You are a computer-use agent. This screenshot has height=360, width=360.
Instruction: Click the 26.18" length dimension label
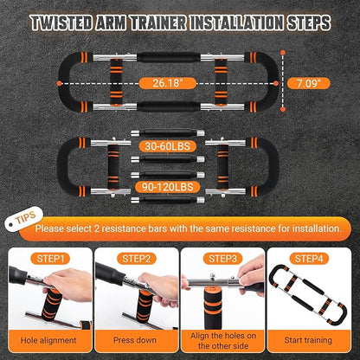coord(167,83)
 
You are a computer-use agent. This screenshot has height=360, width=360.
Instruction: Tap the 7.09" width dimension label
coord(309,83)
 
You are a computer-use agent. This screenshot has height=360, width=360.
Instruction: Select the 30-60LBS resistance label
coord(167,146)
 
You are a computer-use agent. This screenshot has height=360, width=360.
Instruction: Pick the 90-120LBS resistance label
coord(167,187)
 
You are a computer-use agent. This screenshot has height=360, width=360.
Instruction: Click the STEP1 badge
coord(50,259)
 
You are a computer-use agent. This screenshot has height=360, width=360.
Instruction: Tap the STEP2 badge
coord(137,259)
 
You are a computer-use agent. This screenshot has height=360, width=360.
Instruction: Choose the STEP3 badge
coord(222,259)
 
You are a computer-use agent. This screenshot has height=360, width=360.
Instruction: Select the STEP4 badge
coord(309,259)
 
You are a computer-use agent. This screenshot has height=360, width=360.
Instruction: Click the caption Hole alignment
coord(48,340)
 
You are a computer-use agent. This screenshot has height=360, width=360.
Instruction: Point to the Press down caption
coord(135,340)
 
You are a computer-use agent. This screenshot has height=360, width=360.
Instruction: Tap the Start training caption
coord(308,340)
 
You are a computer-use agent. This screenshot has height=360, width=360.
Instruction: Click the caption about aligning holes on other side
coord(223,341)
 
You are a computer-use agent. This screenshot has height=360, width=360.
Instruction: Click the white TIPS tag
coord(23,218)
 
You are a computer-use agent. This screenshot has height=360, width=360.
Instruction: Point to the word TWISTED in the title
coord(61,23)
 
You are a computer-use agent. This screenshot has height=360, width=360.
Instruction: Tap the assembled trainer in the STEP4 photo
coord(308,295)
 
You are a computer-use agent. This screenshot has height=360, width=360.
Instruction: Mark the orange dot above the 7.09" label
coord(283,52)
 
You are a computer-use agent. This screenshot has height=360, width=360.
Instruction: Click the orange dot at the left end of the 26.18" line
coord(59,83)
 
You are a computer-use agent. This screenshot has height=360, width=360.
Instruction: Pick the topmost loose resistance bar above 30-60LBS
coord(168,133)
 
